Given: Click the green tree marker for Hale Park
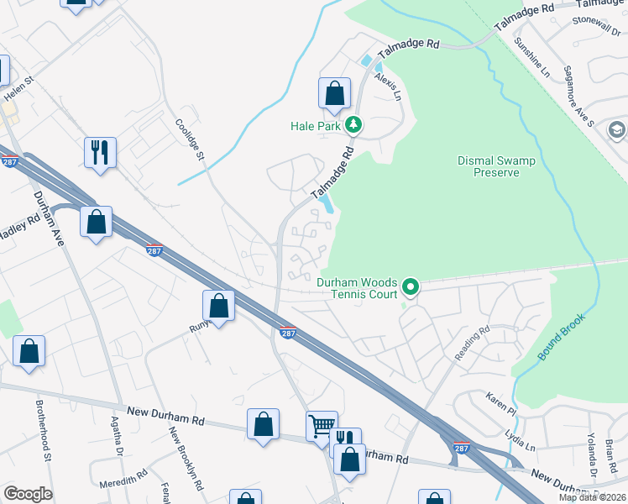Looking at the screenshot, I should click(x=353, y=126).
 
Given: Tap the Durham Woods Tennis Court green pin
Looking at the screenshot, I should click(x=410, y=288).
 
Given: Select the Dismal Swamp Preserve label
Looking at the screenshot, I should click(x=489, y=166).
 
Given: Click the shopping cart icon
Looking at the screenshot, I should click(x=321, y=428).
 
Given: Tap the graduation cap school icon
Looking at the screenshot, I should click(x=617, y=129).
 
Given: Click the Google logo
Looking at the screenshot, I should click(x=28, y=494).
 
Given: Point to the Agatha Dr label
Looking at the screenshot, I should click(x=119, y=437).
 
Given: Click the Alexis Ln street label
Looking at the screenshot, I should click(x=388, y=85).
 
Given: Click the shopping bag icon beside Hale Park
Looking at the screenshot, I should click(x=334, y=94).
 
